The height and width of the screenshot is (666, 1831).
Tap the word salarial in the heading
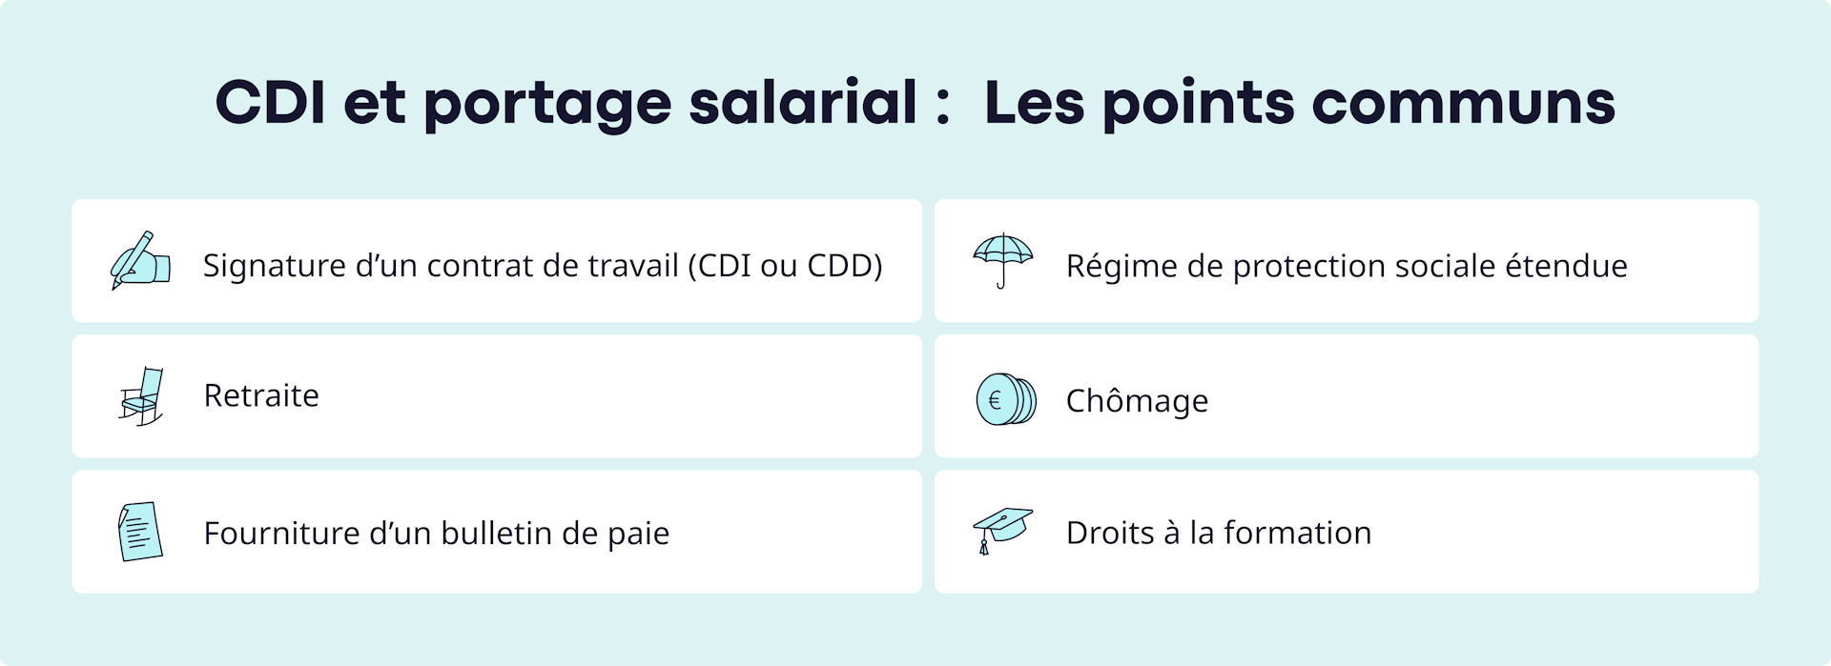point(802,103)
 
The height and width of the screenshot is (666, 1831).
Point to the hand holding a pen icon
point(140,260)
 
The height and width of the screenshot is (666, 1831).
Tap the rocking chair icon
point(142,396)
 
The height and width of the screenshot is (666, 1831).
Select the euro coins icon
point(1005,399)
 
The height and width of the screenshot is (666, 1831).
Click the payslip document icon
point(140,532)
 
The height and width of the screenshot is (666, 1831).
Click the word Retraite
point(261,395)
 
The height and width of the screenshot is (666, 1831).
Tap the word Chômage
point(1137,401)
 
